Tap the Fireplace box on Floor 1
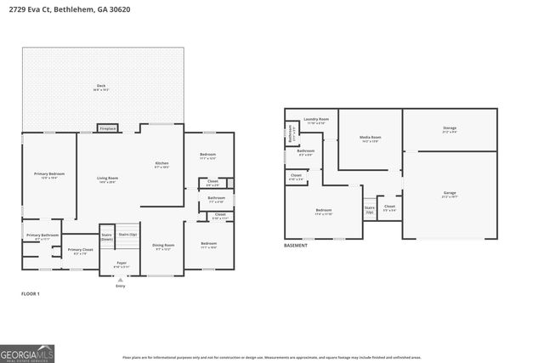[108, 129]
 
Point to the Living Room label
[107, 179]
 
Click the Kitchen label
[161, 165]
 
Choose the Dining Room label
[163, 247]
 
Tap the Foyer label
[122, 264]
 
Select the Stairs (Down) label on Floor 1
[107, 237]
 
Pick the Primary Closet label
[82, 252]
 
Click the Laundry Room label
[316, 121]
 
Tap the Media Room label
[370, 138]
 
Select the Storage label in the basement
[450, 130]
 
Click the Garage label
[450, 194]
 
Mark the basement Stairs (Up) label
[370, 208]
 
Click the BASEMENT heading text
[297, 246]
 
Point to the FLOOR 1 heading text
[31, 293]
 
